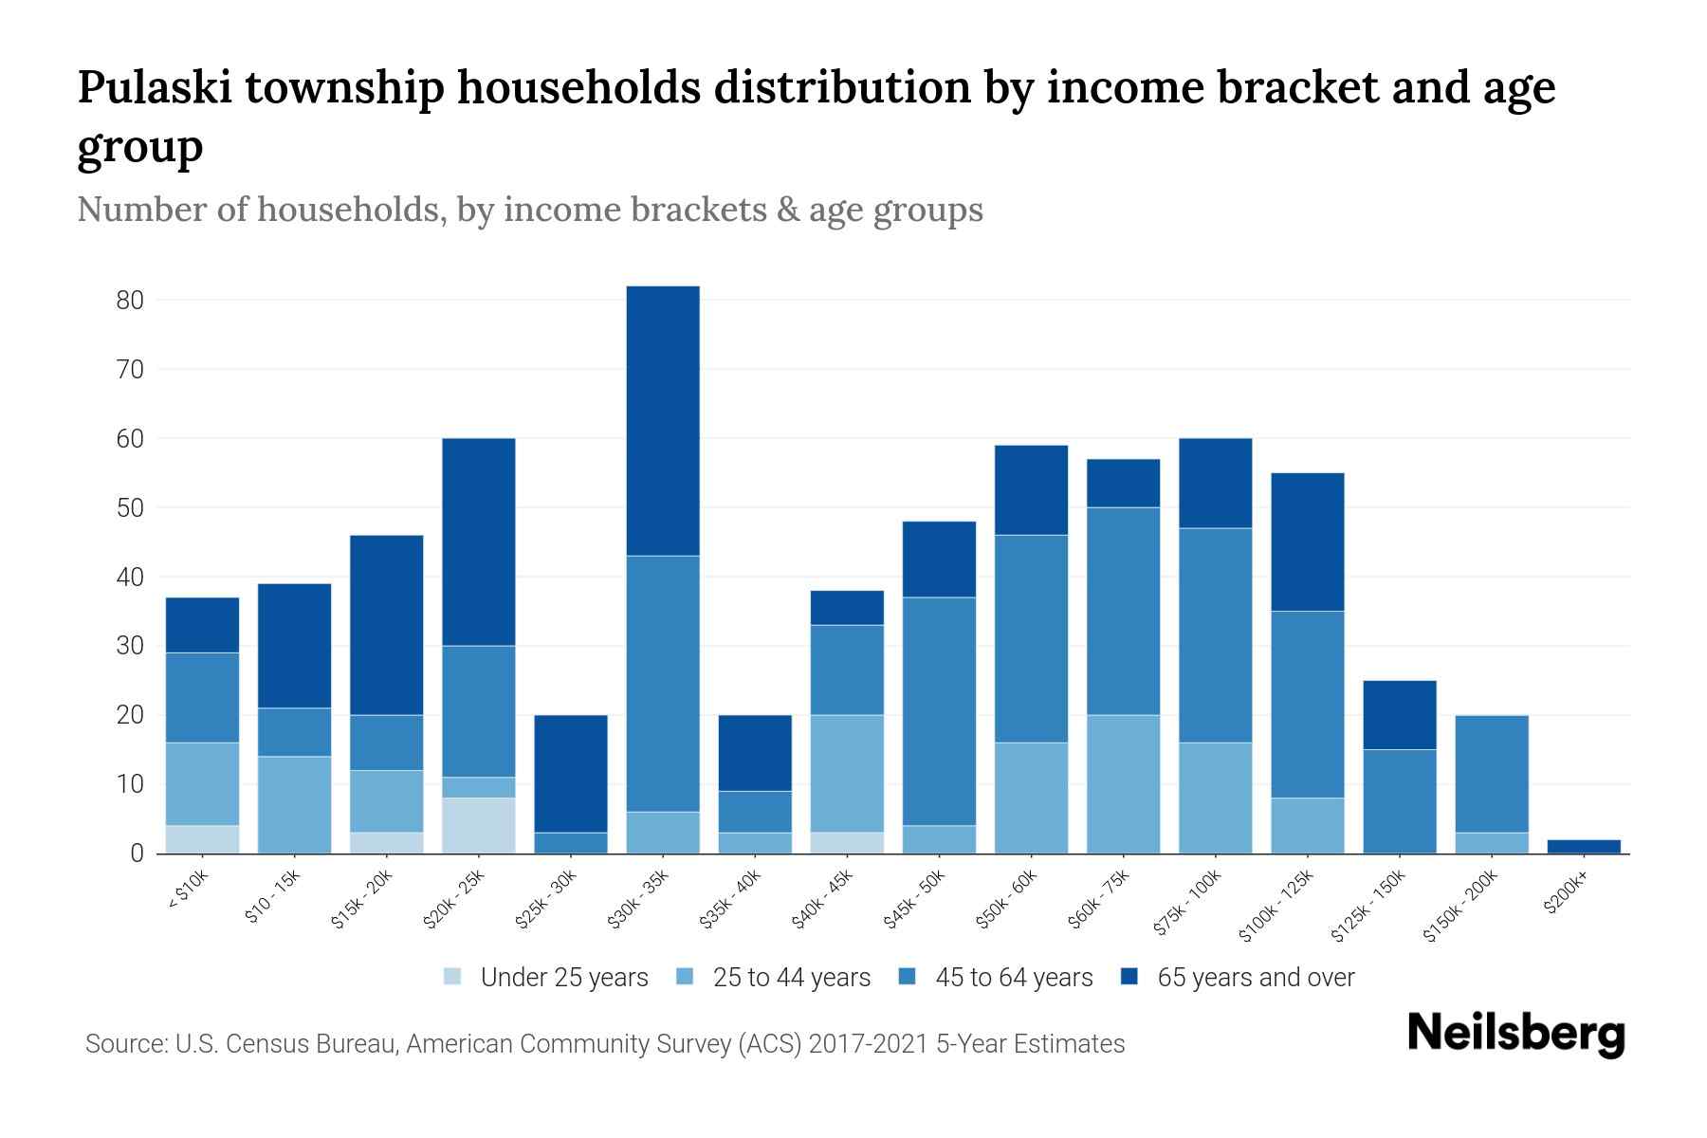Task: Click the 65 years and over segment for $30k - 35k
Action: tap(663, 420)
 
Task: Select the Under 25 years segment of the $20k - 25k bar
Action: tap(479, 825)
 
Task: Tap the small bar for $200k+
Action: tap(1584, 846)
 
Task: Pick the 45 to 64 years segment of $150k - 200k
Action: tap(1492, 774)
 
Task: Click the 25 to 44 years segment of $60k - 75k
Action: tap(1123, 783)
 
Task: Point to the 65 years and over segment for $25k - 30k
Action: tap(571, 773)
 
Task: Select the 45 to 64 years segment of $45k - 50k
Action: tap(939, 711)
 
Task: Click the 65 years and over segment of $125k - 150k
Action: tap(1399, 715)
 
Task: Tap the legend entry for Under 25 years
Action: tap(546, 978)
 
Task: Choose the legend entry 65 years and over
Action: tap(1238, 978)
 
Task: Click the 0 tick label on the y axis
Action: tap(137, 853)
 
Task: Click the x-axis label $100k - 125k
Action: tap(1277, 905)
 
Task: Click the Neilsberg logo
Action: tap(1515, 1034)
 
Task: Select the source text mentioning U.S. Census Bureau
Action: tap(605, 1044)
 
